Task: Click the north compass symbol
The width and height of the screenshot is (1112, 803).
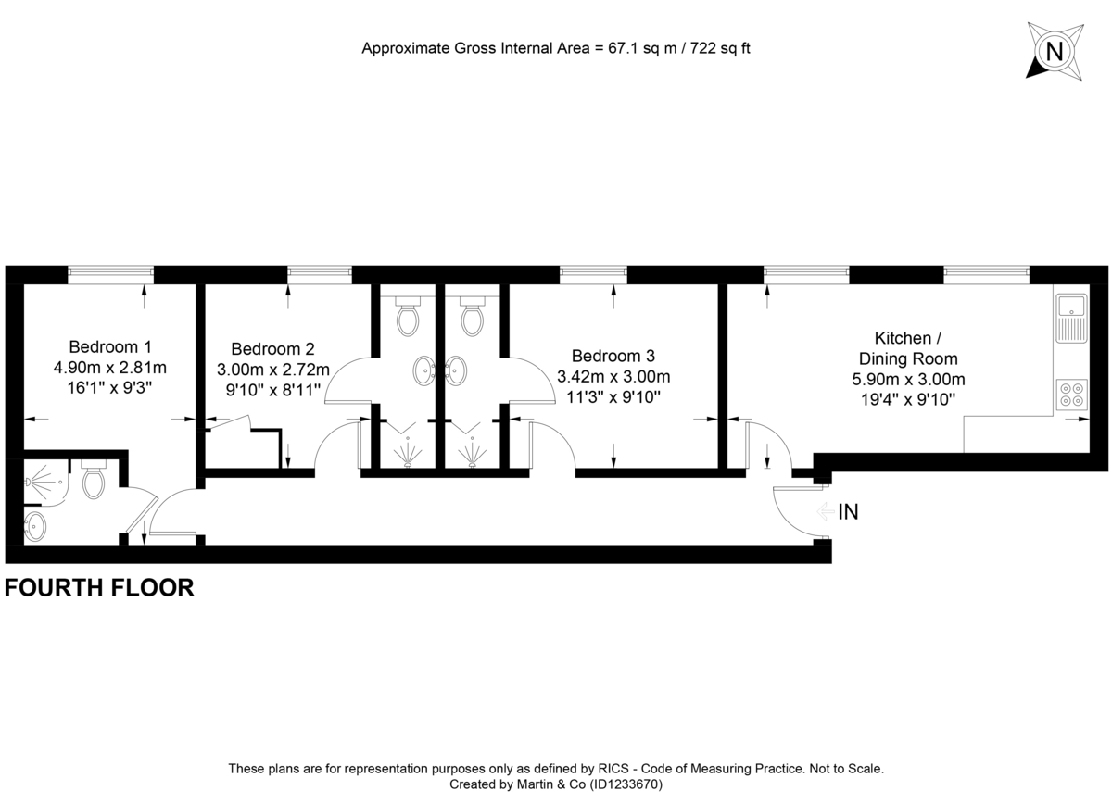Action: [x=1054, y=50]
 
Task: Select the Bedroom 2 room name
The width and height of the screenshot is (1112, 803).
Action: [x=272, y=349]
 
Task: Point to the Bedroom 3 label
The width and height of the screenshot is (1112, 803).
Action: [x=613, y=356]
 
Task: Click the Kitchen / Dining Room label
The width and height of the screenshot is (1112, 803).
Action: [x=908, y=348]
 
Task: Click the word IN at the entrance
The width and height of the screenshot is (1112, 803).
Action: [x=848, y=512]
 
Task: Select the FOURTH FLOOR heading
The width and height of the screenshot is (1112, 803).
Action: [x=100, y=587]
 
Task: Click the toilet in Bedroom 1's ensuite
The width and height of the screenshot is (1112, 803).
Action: [x=94, y=481]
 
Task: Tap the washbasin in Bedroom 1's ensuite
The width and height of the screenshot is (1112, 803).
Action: [x=35, y=526]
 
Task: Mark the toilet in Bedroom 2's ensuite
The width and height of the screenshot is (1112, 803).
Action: [x=407, y=318]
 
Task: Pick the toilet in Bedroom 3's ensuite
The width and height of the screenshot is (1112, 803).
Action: [x=474, y=318]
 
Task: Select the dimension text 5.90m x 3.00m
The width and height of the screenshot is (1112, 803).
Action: [x=908, y=379]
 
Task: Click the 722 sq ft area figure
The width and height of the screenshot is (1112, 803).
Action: [x=716, y=47]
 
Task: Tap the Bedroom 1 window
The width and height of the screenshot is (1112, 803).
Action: [x=110, y=272]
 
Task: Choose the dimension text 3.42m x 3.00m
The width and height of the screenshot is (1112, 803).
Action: [x=613, y=377]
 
